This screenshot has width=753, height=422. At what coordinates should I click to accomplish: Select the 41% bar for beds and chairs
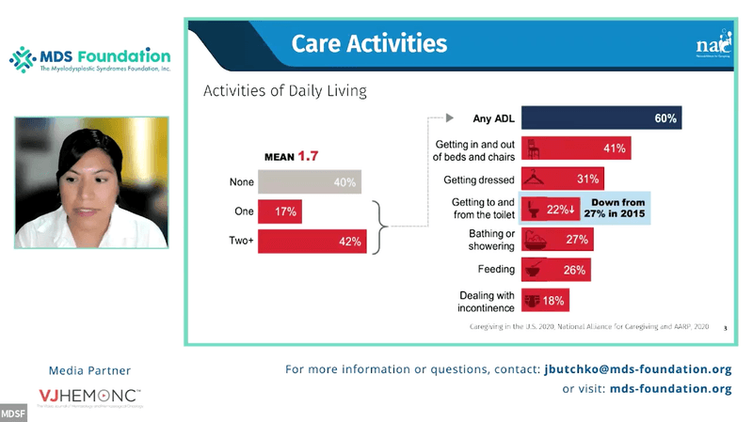[x=575, y=148]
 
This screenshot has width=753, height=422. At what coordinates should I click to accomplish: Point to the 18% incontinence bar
[x=545, y=301]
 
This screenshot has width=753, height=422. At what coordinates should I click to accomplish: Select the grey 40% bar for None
[x=310, y=182]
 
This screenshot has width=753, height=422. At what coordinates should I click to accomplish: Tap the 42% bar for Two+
[x=312, y=242]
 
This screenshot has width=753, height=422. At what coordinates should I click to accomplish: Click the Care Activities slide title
[x=369, y=43]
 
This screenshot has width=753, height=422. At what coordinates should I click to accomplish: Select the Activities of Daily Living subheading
[x=285, y=91]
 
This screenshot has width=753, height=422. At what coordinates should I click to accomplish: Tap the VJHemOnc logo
[x=89, y=396]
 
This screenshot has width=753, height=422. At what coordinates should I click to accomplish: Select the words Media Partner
[x=89, y=370]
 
